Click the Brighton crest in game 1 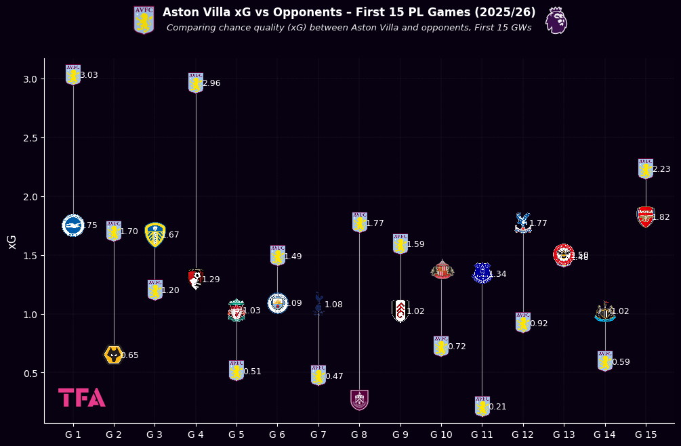pyautogui.click(x=73, y=225)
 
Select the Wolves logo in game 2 pyautogui.click(x=114, y=355)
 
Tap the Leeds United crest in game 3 pyautogui.click(x=155, y=234)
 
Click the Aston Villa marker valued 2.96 pyautogui.click(x=196, y=83)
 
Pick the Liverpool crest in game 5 pyautogui.click(x=236, y=311)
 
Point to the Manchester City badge pyautogui.click(x=277, y=303)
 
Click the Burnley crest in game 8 pyautogui.click(x=359, y=399)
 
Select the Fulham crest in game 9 pyautogui.click(x=400, y=311)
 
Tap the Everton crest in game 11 pyautogui.click(x=482, y=273)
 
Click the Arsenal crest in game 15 pyautogui.click(x=646, y=217)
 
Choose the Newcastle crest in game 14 pyautogui.click(x=605, y=311)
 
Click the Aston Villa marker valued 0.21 pyautogui.click(x=482, y=406)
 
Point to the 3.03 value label pyautogui.click(x=89, y=75)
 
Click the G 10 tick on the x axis pyautogui.click(x=441, y=434)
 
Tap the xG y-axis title pyautogui.click(x=12, y=242)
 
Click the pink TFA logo pyautogui.click(x=81, y=397)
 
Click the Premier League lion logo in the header pyautogui.click(x=556, y=20)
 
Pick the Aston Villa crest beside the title pyautogui.click(x=144, y=20)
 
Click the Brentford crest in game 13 pyautogui.click(x=564, y=255)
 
